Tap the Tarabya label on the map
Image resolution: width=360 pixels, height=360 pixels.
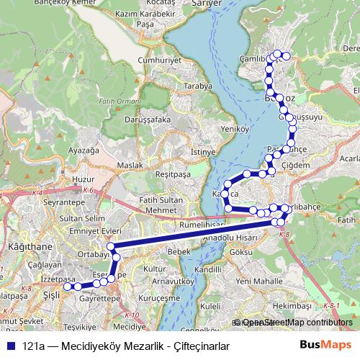[197, 86]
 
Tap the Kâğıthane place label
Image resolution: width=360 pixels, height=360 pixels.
[25, 246]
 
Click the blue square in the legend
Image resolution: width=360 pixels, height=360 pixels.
[9, 346]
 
